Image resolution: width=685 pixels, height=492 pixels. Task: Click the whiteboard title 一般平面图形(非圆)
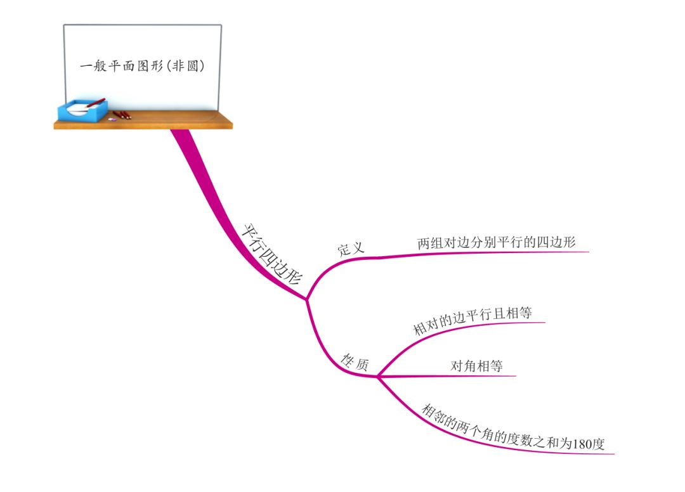click(143, 65)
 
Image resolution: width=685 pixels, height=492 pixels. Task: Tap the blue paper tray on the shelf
click(81, 112)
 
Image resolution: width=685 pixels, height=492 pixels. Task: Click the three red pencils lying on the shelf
click(122, 115)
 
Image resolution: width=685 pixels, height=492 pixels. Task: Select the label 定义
click(351, 248)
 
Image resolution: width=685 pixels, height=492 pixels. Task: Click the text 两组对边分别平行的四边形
click(497, 243)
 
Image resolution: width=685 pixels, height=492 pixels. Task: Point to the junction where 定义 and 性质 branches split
click(307, 299)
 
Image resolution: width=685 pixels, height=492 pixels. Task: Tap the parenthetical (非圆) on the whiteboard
click(187, 65)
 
